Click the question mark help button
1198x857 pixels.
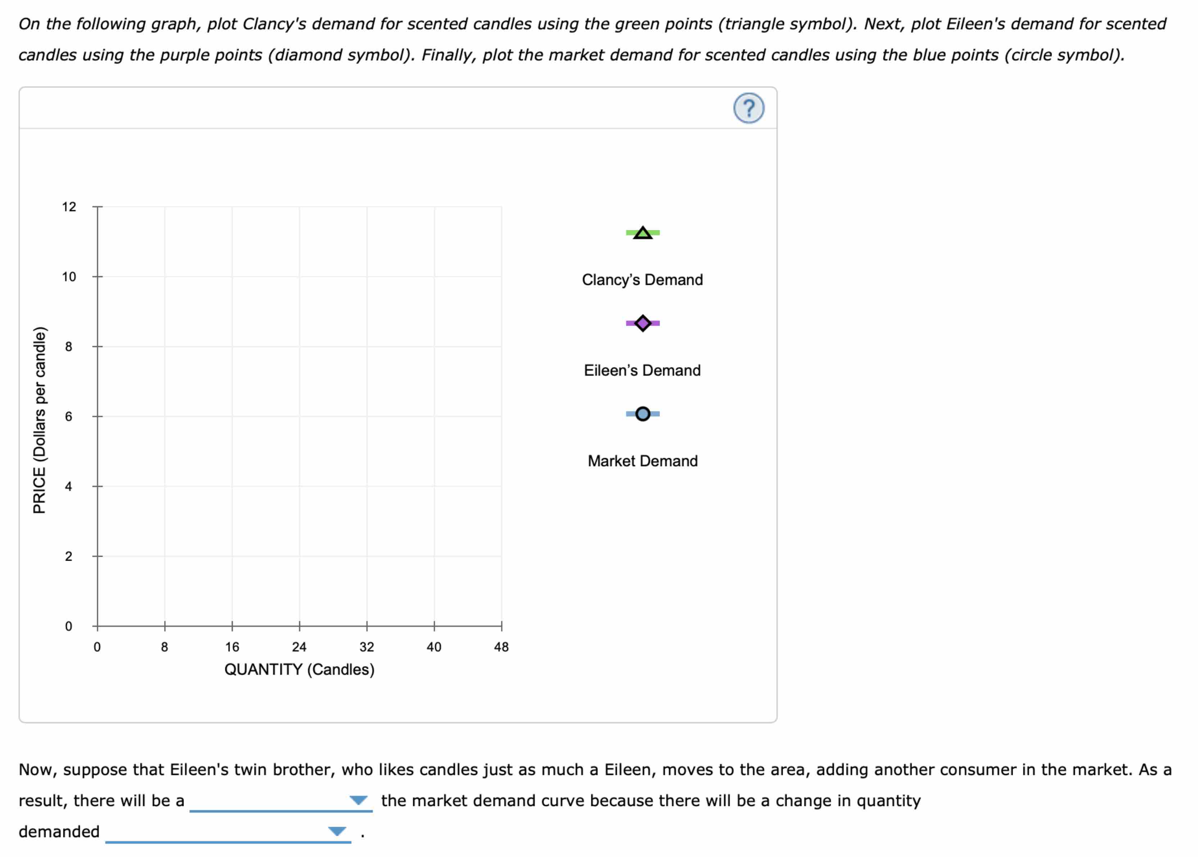click(x=748, y=108)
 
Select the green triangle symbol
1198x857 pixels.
click(x=642, y=233)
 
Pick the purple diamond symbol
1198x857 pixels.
click(x=642, y=323)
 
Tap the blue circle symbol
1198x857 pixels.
click(x=642, y=414)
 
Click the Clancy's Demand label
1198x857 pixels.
click(x=642, y=280)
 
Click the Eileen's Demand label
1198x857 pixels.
click(x=642, y=370)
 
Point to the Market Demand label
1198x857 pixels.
click(x=642, y=461)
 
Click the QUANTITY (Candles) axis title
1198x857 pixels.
click(x=299, y=669)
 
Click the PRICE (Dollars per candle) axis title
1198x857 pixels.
click(x=40, y=420)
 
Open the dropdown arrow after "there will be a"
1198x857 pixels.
click(x=358, y=800)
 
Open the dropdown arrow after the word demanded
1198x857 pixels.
click(x=337, y=831)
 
